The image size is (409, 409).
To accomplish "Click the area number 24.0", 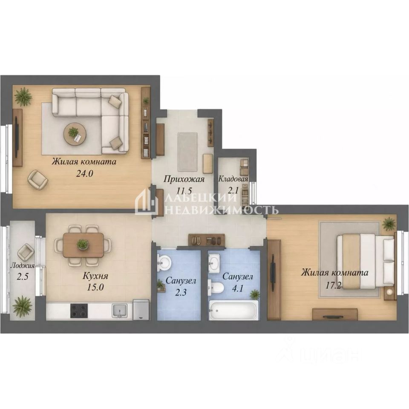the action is tap(84, 173).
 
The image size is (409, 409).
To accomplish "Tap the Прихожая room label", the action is tap(184, 179).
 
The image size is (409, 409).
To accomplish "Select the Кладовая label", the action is tap(233, 179).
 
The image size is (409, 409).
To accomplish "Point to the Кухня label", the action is tap(95, 276).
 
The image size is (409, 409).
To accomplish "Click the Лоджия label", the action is tap(23, 266).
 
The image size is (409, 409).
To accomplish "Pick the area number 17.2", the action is tap(333, 285).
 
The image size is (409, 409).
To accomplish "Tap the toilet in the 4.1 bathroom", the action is tap(216, 288).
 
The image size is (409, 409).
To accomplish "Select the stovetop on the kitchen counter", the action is tap(79, 311).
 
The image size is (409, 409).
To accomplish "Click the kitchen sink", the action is tap(120, 311).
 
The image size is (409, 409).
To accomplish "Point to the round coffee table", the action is tap(75, 134).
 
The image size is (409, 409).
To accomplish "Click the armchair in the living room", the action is tap(38, 179).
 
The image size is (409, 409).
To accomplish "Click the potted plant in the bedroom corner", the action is tap(389, 224).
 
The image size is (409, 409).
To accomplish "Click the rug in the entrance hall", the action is tap(187, 152).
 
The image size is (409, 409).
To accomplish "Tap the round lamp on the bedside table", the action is tap(389, 292).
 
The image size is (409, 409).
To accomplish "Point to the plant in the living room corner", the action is tap(23, 97).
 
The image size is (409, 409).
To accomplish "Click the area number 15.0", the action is tap(95, 287).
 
